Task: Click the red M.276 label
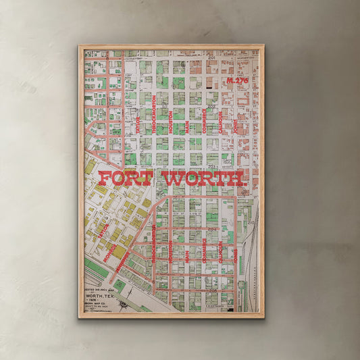tap(238, 80)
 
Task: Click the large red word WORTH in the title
tap(203, 179)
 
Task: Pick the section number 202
tap(211, 106)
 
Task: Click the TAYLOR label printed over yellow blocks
tap(103, 232)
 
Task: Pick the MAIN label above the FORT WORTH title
tap(187, 122)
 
